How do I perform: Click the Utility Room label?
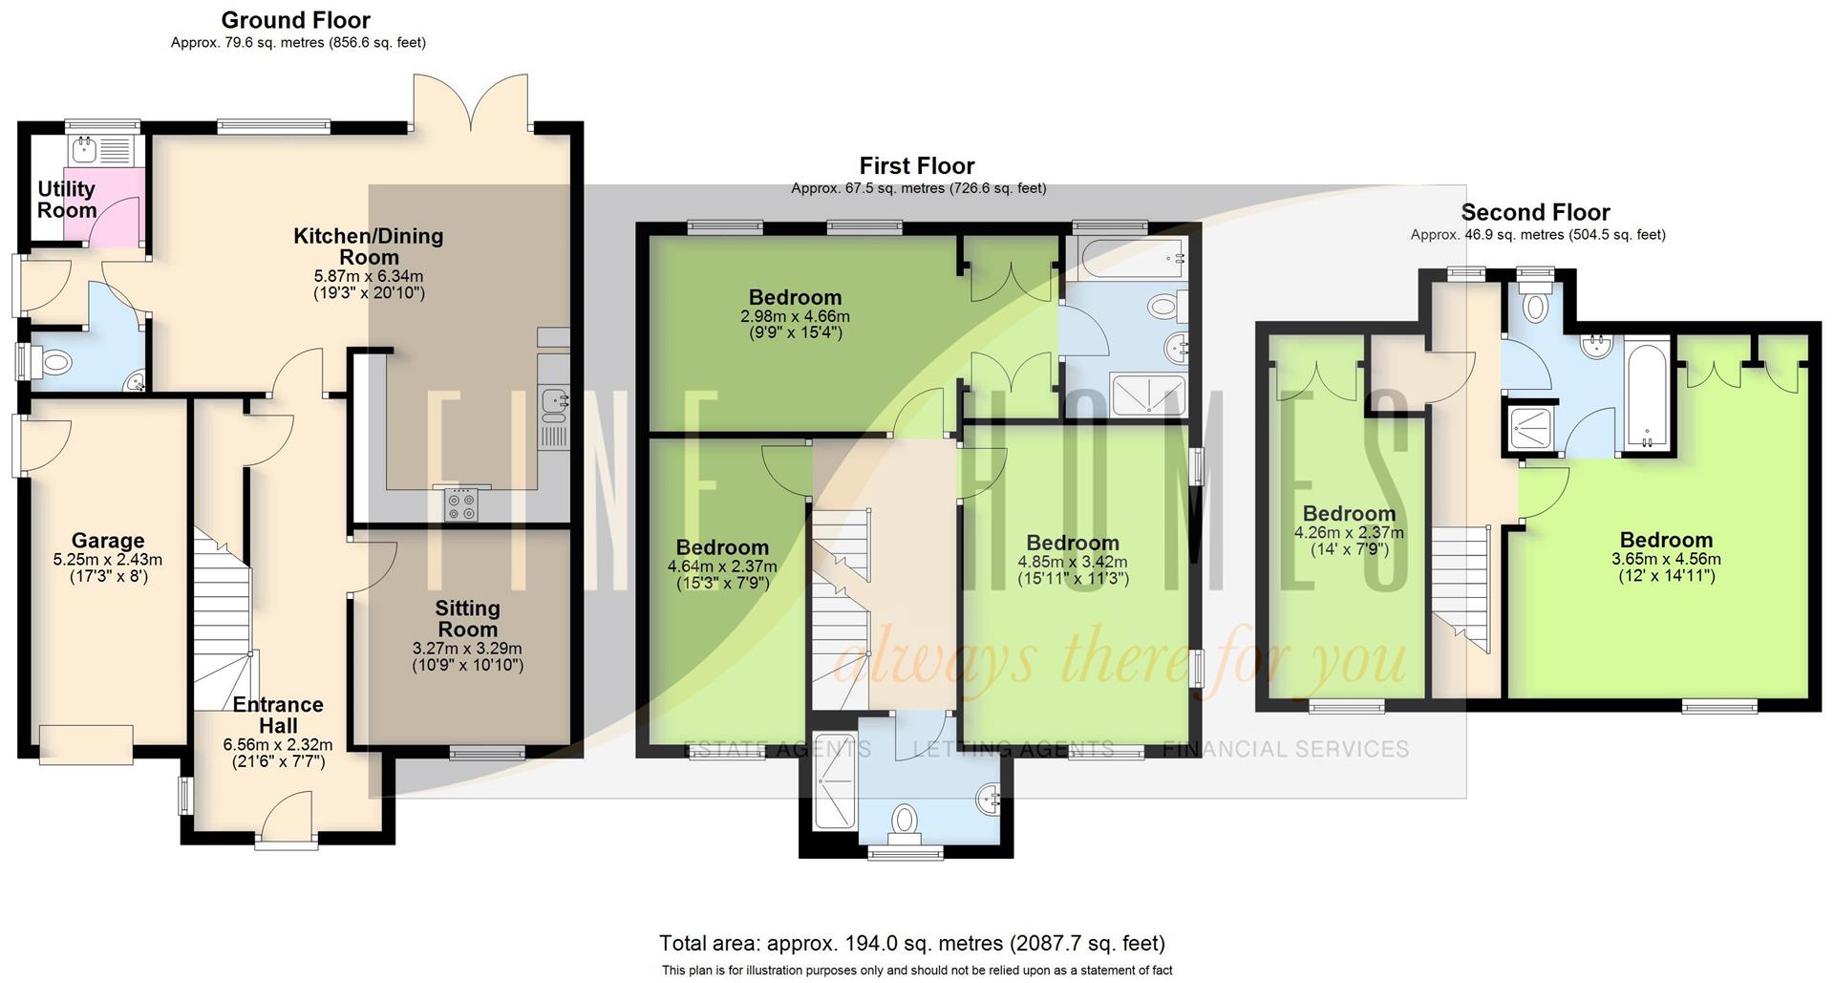[66, 200]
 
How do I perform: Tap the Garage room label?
[108, 541]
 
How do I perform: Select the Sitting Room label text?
[467, 618]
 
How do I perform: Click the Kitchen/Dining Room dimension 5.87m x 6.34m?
[369, 276]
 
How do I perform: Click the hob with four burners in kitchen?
[462, 505]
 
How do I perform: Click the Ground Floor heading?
[295, 20]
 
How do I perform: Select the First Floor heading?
[917, 166]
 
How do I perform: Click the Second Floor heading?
[1535, 212]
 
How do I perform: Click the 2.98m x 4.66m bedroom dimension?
[795, 316]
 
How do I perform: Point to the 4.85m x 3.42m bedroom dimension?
[1073, 562]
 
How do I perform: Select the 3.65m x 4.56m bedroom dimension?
[1666, 559]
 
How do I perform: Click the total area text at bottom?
[911, 944]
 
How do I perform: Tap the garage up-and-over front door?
[86, 744]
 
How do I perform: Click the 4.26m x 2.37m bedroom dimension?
[1349, 533]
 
